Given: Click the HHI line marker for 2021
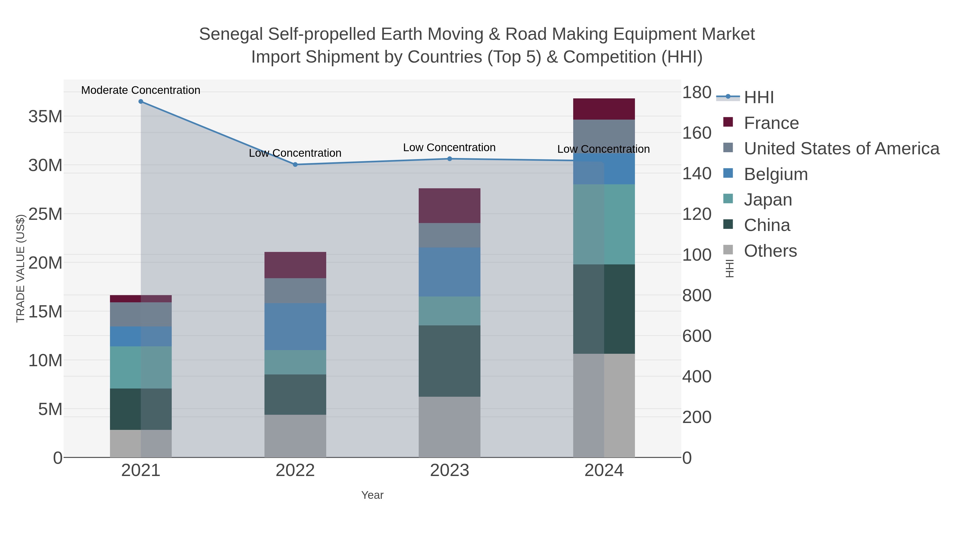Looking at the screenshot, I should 141,102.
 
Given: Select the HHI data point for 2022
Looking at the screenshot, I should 295,164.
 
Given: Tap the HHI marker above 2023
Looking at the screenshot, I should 450,159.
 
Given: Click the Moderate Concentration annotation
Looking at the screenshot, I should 140,90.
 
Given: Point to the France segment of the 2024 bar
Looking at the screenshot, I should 604,109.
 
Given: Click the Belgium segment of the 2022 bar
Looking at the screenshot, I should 295,326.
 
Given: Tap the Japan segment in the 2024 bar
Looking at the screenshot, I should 604,224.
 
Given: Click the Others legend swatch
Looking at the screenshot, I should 728,250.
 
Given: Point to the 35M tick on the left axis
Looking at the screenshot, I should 45,116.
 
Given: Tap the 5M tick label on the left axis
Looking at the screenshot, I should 50,409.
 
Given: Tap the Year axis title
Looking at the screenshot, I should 372,495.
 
